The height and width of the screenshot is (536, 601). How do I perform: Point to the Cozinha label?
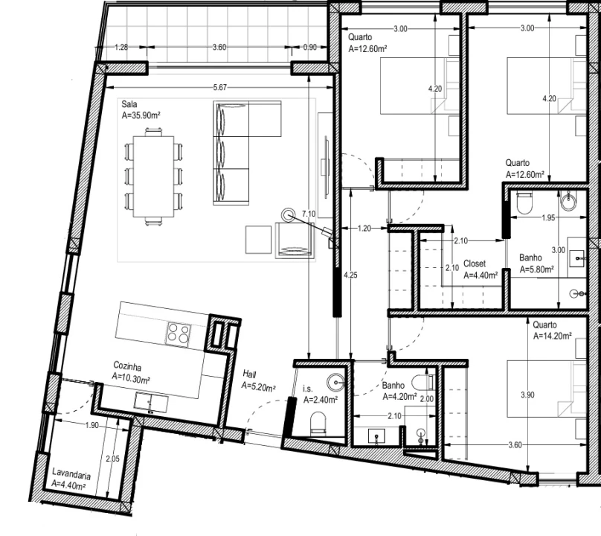(127, 366)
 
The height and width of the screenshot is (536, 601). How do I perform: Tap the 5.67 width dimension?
(219, 88)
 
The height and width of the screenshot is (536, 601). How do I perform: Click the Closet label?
(475, 264)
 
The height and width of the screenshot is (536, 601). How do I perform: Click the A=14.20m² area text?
(552, 336)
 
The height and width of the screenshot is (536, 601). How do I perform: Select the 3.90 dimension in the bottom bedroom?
(526, 394)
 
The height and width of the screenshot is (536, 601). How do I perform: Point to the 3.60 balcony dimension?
(219, 48)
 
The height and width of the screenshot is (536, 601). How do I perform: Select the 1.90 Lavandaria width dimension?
(91, 426)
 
